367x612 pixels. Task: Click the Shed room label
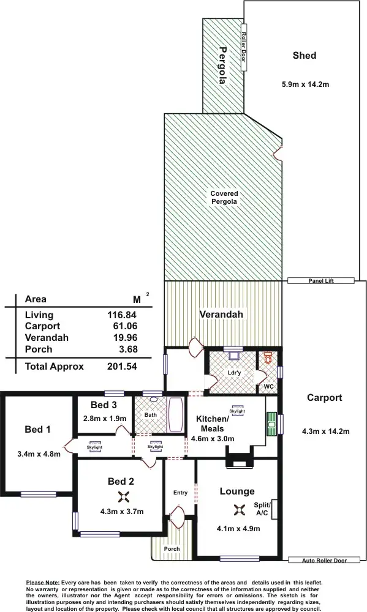(x=304, y=56)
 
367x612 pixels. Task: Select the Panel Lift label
(x=321, y=280)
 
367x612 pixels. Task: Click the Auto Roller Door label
(x=325, y=560)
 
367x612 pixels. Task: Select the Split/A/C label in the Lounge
(x=262, y=509)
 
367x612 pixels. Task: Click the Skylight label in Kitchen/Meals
(x=237, y=411)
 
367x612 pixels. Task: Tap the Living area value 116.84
(x=122, y=315)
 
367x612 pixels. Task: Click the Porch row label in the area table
(x=38, y=349)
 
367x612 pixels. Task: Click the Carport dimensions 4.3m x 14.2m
(x=325, y=431)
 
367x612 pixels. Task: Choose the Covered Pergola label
(x=224, y=197)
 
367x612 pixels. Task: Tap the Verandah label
(x=221, y=315)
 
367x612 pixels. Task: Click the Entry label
(x=180, y=493)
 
